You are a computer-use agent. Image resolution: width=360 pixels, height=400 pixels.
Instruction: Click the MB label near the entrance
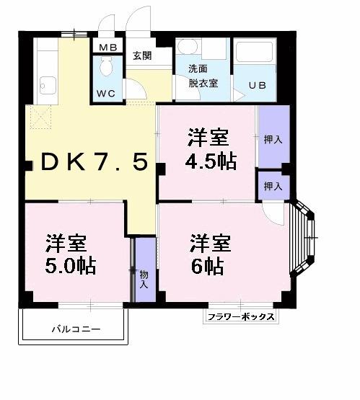point(109,48)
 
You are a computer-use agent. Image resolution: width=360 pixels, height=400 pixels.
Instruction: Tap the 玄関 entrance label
point(141,55)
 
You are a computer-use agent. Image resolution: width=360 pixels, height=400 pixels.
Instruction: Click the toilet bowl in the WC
point(108,69)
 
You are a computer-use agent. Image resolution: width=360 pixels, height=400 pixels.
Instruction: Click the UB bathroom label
point(258,86)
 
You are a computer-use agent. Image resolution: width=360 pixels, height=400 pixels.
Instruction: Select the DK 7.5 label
point(94,161)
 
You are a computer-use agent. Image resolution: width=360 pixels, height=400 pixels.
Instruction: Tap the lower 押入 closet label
point(273,186)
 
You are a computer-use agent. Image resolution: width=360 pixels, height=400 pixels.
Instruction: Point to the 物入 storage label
point(144,279)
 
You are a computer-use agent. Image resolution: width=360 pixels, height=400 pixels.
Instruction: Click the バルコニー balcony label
point(75,329)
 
